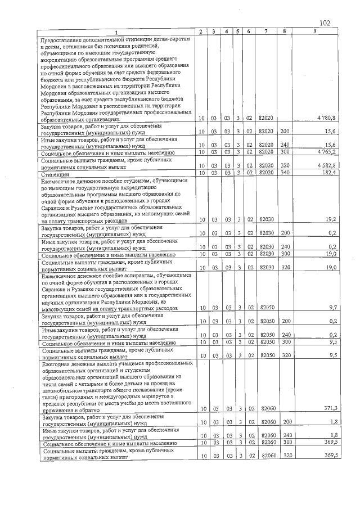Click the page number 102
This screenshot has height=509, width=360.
[x=324, y=23]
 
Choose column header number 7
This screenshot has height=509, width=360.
[x=265, y=31]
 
